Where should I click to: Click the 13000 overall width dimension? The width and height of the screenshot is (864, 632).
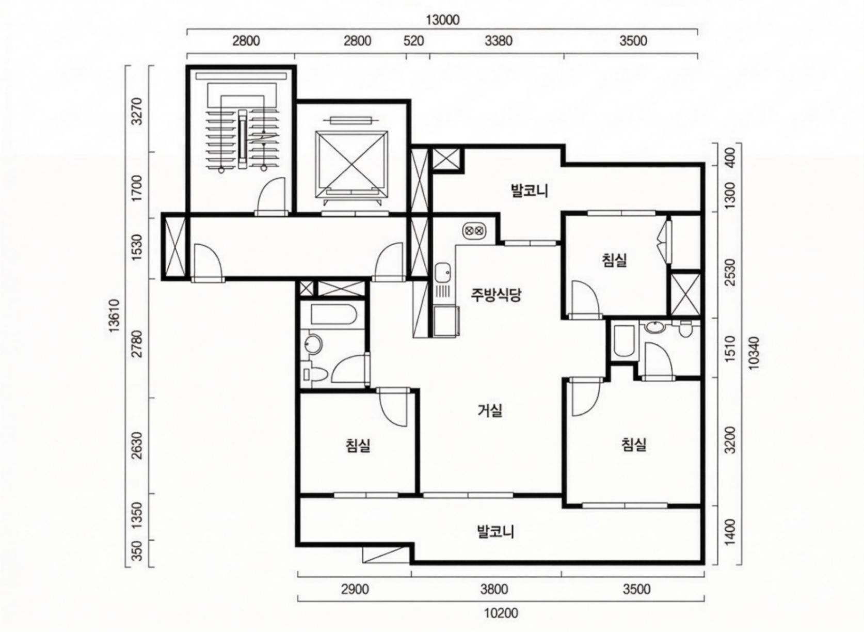point(442,20)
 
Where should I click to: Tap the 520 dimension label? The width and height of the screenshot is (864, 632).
point(413,41)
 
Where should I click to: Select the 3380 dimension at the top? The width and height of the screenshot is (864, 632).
point(499,41)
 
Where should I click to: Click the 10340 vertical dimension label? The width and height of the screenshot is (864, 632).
point(754,353)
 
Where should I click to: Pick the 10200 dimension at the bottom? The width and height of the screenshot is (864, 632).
point(501,613)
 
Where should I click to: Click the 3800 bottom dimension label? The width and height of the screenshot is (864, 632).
point(494,589)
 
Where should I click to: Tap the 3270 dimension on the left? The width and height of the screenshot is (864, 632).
point(137,112)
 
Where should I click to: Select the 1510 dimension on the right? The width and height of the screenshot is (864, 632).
point(730,349)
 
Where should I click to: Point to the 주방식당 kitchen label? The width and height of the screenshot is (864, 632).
point(495,295)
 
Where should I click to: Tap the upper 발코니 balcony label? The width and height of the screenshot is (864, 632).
point(529,191)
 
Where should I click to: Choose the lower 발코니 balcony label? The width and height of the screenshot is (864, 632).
point(495,532)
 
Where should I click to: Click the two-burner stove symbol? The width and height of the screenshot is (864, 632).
point(474,231)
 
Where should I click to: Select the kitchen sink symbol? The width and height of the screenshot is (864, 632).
point(442,274)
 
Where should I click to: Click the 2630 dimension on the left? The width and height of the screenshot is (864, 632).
point(137,445)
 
